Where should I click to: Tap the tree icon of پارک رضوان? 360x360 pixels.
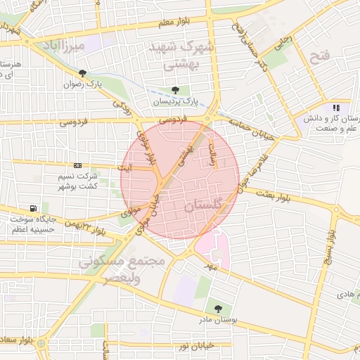pos(83,73)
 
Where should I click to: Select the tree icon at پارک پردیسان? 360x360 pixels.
pos(175,90)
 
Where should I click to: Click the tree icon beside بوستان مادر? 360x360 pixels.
pos(217,307)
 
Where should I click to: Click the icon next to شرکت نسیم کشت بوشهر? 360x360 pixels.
pos(77,165)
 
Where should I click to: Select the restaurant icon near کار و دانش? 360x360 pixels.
pos(336,108)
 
